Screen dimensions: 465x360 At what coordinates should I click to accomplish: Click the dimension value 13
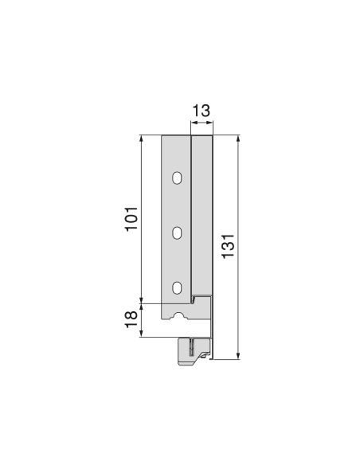[201, 110]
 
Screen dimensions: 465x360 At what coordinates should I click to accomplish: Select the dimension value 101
[132, 219]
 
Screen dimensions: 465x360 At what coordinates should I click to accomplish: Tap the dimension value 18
[132, 318]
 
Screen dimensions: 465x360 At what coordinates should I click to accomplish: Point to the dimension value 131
[229, 248]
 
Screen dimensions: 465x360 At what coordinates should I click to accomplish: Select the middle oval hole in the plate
[178, 232]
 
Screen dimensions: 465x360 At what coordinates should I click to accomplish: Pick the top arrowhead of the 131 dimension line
[237, 139]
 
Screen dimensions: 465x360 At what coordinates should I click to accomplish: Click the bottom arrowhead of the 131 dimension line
[237, 357]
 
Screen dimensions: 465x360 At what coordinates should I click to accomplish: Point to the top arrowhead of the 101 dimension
[142, 139]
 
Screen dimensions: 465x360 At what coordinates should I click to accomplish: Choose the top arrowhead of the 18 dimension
[142, 306]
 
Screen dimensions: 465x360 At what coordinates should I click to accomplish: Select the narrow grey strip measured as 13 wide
[202, 215]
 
